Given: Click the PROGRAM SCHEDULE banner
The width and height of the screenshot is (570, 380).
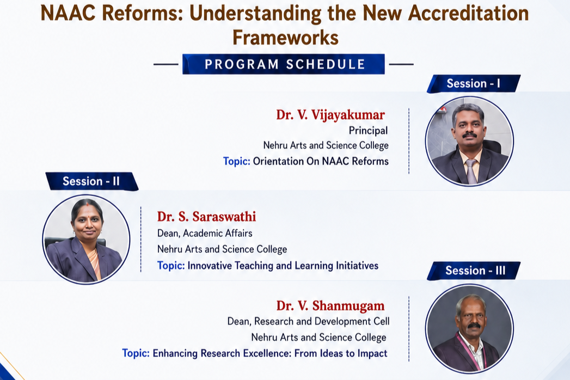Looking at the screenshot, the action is click(x=284, y=64).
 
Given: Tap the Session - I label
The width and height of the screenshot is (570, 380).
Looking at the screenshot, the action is click(x=473, y=84).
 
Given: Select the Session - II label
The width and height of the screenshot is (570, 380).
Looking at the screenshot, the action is click(x=91, y=181).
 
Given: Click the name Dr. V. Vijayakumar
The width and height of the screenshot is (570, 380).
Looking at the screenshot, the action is click(x=330, y=115).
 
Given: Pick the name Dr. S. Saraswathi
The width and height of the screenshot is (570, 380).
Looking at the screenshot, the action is click(x=206, y=217).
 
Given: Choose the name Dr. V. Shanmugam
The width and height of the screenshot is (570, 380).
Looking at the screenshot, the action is click(x=330, y=306).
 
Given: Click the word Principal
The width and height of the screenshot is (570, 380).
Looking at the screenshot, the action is click(x=368, y=131).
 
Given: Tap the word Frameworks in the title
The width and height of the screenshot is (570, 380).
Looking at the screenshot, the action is click(x=285, y=38).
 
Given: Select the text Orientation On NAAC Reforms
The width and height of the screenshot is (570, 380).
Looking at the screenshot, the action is click(x=321, y=161).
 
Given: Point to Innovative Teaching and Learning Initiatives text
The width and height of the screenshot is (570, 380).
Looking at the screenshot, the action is click(x=283, y=266).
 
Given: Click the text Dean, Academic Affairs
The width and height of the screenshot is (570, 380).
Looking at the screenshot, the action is click(x=205, y=233).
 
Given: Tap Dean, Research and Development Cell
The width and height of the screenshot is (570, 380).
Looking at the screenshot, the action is click(x=308, y=321).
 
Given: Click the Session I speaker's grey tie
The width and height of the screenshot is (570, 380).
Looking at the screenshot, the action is click(x=471, y=171).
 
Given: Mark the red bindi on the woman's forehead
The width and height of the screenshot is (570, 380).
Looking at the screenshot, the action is click(x=87, y=204).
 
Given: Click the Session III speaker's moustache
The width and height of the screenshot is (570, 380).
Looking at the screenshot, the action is click(x=474, y=326).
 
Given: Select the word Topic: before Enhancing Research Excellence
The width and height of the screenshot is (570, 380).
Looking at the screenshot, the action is click(x=136, y=353).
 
